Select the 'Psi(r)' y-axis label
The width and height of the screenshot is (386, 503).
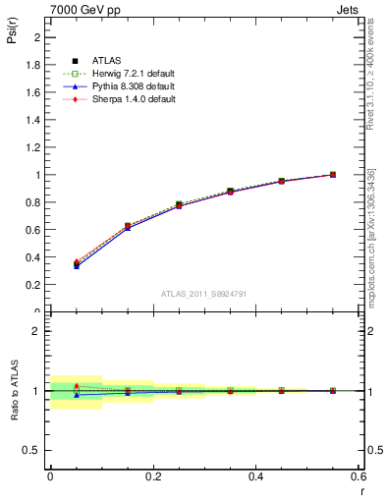pyautogui.click(x=14, y=34)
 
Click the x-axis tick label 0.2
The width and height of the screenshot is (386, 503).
pyautogui.click(x=152, y=475)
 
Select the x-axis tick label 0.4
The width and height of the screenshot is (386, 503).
pyautogui.click(x=255, y=475)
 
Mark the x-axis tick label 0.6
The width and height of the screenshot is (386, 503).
pyautogui.click(x=357, y=475)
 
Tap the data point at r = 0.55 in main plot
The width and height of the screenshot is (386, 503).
pyautogui.click(x=333, y=175)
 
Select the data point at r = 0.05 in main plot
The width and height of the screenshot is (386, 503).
pyautogui.click(x=77, y=263)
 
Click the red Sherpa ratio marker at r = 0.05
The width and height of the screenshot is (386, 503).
pyautogui.click(x=77, y=386)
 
